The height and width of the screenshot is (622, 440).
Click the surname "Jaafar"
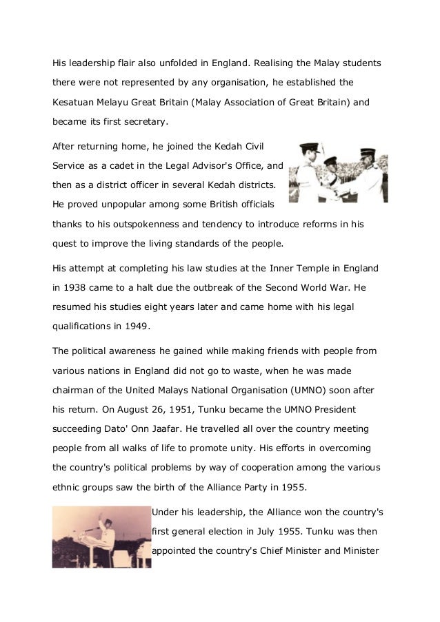[150, 428]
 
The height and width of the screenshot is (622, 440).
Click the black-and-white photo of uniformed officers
[337, 173]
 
